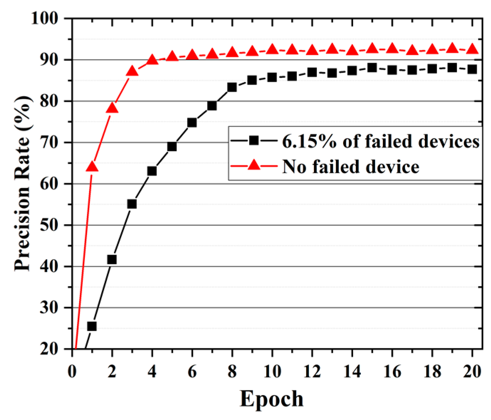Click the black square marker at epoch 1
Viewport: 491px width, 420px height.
tap(92, 326)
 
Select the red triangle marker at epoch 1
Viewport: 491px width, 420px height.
tap(92, 166)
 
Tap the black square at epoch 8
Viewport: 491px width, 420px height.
tap(232, 87)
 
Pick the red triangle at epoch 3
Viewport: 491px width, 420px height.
tap(132, 71)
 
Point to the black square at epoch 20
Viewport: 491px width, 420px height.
tap(472, 69)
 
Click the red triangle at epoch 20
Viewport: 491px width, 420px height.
tap(472, 49)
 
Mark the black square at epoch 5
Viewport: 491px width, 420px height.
tap(172, 147)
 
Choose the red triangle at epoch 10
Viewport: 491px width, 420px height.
tap(272, 49)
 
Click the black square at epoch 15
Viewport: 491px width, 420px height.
tap(372, 68)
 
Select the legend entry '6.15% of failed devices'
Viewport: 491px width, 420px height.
tap(380, 141)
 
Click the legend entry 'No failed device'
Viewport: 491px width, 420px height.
tap(351, 166)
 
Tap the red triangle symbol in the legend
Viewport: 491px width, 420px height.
tap(253, 165)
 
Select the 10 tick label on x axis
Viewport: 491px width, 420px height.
tap(272, 372)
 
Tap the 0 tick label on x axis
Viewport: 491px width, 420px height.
tap(72, 372)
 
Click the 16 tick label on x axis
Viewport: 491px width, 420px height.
tap(392, 372)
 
